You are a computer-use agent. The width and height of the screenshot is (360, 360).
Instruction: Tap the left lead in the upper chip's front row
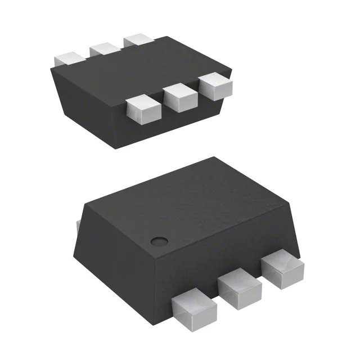(143, 110)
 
